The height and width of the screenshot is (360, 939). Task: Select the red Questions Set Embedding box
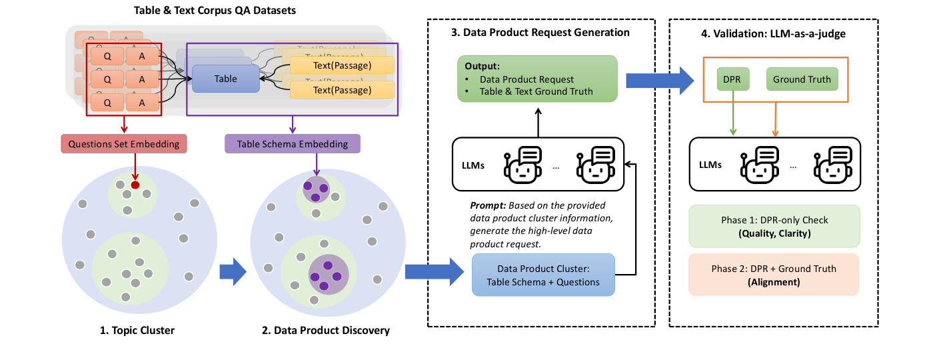125,143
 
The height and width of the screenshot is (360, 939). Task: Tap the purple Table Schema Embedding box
293,143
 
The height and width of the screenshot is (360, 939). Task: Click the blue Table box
225,79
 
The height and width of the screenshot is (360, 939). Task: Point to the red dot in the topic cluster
135,185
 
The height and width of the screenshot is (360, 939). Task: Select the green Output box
538,79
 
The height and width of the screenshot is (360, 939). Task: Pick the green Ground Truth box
802,79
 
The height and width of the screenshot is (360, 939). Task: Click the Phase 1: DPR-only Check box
774,226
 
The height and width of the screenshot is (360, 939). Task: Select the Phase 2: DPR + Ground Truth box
774,274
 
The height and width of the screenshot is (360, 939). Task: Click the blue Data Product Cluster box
543,275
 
